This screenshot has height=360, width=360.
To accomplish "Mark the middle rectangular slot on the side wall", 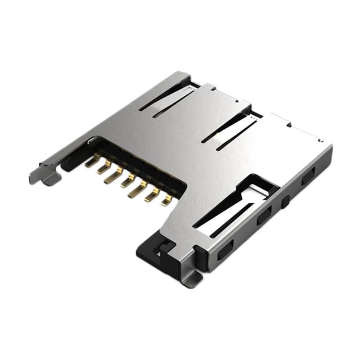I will click(x=264, y=215).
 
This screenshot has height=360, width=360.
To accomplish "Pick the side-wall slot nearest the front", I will click(x=225, y=248).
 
